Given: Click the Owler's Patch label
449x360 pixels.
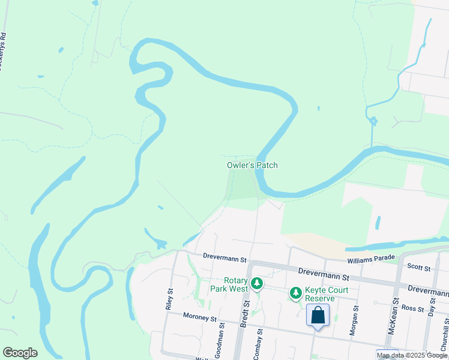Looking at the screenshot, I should (252, 165).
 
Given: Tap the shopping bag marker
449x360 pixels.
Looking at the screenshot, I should (318, 314).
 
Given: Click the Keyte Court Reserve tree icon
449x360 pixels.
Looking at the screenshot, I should (295, 293).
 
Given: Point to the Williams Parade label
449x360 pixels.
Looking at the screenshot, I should (371, 258).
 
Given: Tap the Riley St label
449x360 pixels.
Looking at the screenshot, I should (169, 298).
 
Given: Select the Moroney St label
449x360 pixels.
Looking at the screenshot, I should (186, 316).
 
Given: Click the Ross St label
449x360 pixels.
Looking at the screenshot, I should (413, 308).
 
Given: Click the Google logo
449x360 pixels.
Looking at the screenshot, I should (20, 353).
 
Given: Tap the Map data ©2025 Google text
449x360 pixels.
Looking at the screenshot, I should (412, 355).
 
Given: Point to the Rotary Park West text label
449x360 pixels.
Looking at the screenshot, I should (229, 284).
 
